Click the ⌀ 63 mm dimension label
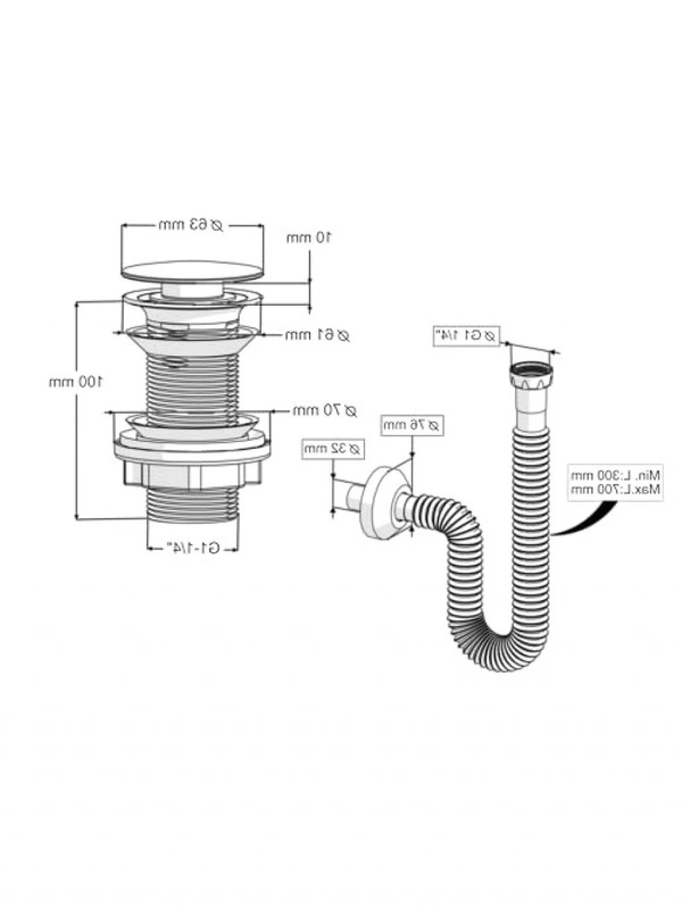tap(191, 225)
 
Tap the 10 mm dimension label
tap(309, 238)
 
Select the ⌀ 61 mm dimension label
tap(317, 336)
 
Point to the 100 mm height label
tap(75, 382)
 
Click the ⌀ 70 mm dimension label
tap(324, 411)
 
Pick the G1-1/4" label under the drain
tap(193, 548)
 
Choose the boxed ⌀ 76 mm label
tap(412, 425)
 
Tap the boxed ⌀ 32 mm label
tap(333, 448)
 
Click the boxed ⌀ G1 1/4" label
tap(466, 336)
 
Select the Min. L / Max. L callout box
tap(614, 482)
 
